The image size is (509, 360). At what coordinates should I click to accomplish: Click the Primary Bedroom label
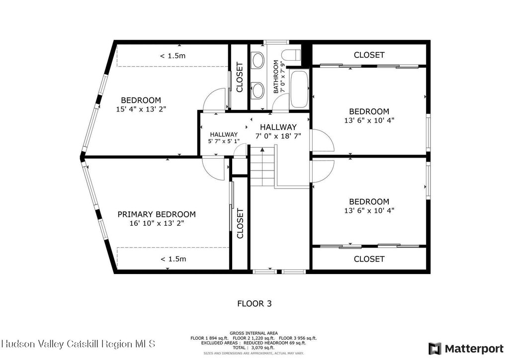coord(157,214)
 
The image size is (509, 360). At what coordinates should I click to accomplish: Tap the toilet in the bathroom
coord(291,55)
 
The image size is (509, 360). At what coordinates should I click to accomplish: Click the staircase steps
coord(262,166)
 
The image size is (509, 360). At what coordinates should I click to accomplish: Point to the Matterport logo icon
coord(435,349)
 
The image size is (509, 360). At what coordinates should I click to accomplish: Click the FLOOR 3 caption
coord(254,303)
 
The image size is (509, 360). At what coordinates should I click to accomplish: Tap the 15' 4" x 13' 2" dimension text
coord(141,109)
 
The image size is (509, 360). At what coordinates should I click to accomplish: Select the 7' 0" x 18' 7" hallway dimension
coord(278,136)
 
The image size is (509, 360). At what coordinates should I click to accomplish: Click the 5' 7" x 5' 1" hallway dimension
coord(224,141)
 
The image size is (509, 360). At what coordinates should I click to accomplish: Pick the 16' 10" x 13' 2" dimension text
coord(157,223)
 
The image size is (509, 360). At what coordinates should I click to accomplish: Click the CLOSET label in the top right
coord(369,55)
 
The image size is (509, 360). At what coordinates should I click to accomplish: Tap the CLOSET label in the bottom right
coord(369,259)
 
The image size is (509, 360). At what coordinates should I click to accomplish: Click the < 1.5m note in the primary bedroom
coord(173,259)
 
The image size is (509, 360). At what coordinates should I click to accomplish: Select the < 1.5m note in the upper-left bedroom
coord(172,56)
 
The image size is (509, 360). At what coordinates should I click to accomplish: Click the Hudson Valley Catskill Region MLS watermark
coord(78,344)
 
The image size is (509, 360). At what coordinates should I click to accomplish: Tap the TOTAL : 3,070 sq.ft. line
coord(254,348)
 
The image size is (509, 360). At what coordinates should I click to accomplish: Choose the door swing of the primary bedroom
coord(213,168)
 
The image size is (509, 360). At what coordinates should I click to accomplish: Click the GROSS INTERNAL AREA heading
coord(254,333)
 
